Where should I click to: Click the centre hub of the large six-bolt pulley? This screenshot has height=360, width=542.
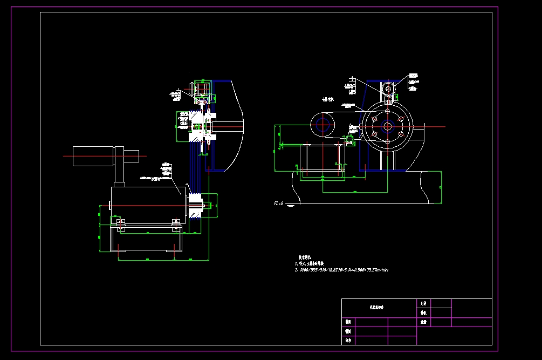pos(387,126)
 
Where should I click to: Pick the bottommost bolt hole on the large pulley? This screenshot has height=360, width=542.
pos(387,141)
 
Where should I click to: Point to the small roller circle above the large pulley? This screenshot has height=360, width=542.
pos(388,89)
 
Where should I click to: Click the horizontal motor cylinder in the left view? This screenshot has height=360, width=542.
pos(92,156)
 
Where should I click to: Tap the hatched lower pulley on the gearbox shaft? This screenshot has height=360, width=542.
pos(195,206)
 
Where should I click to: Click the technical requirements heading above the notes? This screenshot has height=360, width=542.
pos(305,257)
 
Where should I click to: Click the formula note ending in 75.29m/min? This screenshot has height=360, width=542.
pos(341,269)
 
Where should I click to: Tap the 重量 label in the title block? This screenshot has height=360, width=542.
pos(423,322)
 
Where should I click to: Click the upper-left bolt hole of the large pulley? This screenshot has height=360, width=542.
pos(374,119)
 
